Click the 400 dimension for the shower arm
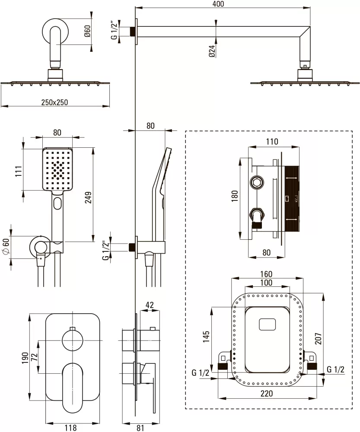coord(218,4)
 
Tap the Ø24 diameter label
coord(212,51)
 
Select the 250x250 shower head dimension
coord(54,102)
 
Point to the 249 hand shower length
coord(88,197)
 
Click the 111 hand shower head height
coord(18,171)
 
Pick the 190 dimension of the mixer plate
coord(25,358)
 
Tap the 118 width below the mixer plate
coord(70,428)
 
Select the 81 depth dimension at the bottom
coord(140,428)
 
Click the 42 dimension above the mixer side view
coord(150,305)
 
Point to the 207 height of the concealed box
coord(318,338)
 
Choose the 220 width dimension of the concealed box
coord(267,393)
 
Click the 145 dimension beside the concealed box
coord(206,337)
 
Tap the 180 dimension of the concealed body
coord(235,196)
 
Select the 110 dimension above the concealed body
coord(272,142)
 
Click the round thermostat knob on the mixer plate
coord(73,340)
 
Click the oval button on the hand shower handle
coord(58,203)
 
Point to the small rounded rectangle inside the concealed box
coord(267,324)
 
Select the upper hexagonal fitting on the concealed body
coord(257,182)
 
